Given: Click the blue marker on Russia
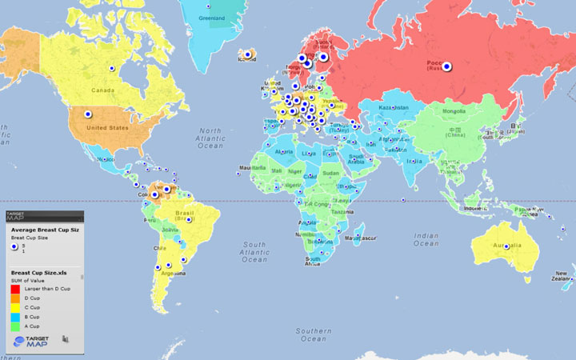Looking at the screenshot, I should pos(447,67).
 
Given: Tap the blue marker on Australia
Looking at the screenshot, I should pos(506,246).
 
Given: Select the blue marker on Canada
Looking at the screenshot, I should pos(113,70).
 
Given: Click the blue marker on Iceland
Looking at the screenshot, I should pos(248,54).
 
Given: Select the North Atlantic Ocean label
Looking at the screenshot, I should pos(210,137).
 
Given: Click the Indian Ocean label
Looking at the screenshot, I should pos(426,239).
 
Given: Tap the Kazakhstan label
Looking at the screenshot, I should pos(394,107).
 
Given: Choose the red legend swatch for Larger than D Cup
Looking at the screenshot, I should pos(14,287).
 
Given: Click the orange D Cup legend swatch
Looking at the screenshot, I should pos(14,298).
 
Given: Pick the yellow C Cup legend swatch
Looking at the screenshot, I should pos(14,307).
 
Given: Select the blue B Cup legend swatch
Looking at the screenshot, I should pos(14,317).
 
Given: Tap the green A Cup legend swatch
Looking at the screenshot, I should pos(14,326).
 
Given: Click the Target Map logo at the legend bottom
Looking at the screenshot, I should pos(31,342).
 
